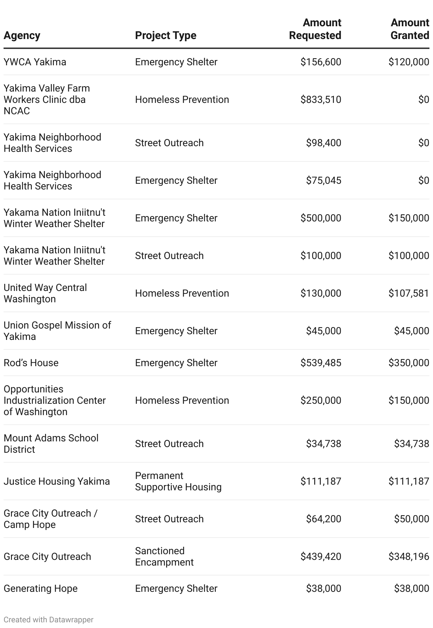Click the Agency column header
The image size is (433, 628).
(22, 35)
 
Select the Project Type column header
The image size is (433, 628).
(165, 35)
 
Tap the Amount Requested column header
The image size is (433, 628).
(315, 29)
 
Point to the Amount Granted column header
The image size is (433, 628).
(410, 29)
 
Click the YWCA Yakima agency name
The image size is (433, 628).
(35, 62)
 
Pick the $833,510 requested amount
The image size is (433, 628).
(321, 100)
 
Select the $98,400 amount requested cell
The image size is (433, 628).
(324, 143)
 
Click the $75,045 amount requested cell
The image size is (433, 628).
(324, 181)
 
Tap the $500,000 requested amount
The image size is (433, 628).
(321, 218)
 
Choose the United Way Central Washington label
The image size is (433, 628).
(45, 293)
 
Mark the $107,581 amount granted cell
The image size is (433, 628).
(409, 293)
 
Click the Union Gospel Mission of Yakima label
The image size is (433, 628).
(57, 331)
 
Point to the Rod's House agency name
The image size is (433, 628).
(31, 363)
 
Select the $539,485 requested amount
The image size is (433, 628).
(321, 363)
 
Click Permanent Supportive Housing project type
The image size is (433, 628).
(178, 481)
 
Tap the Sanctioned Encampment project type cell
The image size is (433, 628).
(164, 557)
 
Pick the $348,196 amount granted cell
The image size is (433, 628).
(409, 557)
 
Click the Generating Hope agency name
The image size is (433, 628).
(40, 589)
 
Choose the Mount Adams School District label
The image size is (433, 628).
(51, 444)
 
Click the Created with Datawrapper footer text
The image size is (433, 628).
(49, 620)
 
